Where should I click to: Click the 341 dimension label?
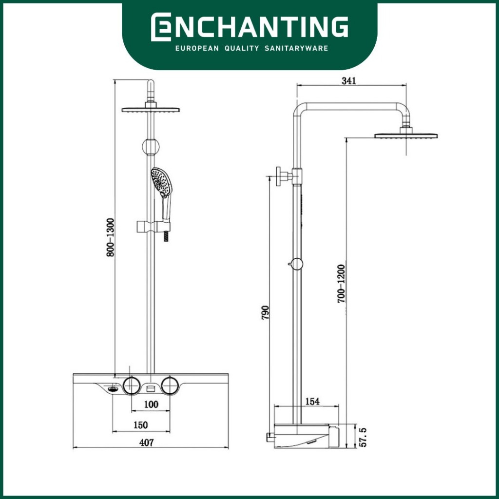coord(349,80)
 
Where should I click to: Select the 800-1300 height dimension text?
coord(110,237)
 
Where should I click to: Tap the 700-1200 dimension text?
coord(342,284)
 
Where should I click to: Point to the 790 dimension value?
coord(265,312)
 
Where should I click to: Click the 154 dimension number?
coord(312,402)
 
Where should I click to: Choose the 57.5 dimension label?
coord(363,437)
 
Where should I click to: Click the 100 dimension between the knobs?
coord(151,404)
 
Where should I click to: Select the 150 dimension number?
coord(141,425)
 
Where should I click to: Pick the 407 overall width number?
coord(146,442)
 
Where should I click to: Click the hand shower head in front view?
coord(161,182)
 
